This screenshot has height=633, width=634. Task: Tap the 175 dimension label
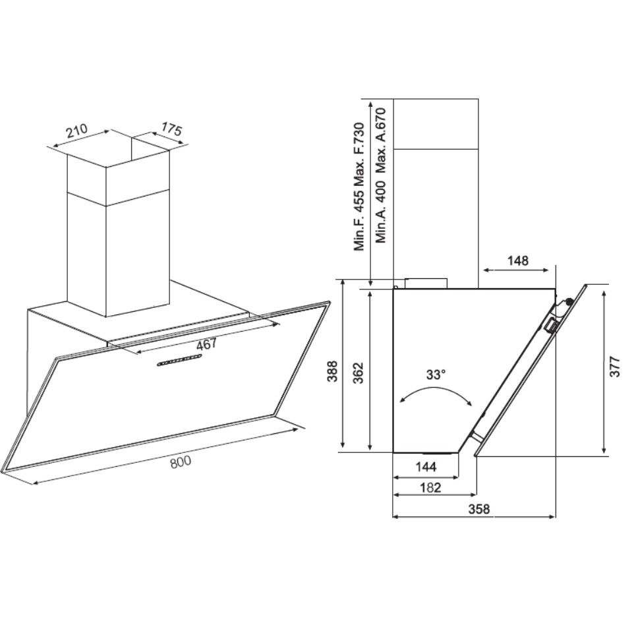click(171, 130)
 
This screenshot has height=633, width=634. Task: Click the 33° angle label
click(435, 375)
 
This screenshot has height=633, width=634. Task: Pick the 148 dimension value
click(518, 260)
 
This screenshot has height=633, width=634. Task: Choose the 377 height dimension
click(614, 370)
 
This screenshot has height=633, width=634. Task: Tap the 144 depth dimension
click(426, 467)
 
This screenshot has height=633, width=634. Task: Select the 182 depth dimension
click(429, 489)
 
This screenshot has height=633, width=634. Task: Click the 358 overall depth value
click(478, 509)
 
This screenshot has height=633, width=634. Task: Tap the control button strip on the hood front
click(179, 361)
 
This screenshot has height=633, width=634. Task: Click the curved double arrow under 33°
click(435, 394)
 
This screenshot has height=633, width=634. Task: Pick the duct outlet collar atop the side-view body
click(426, 283)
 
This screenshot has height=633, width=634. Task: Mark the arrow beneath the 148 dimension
click(516, 270)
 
